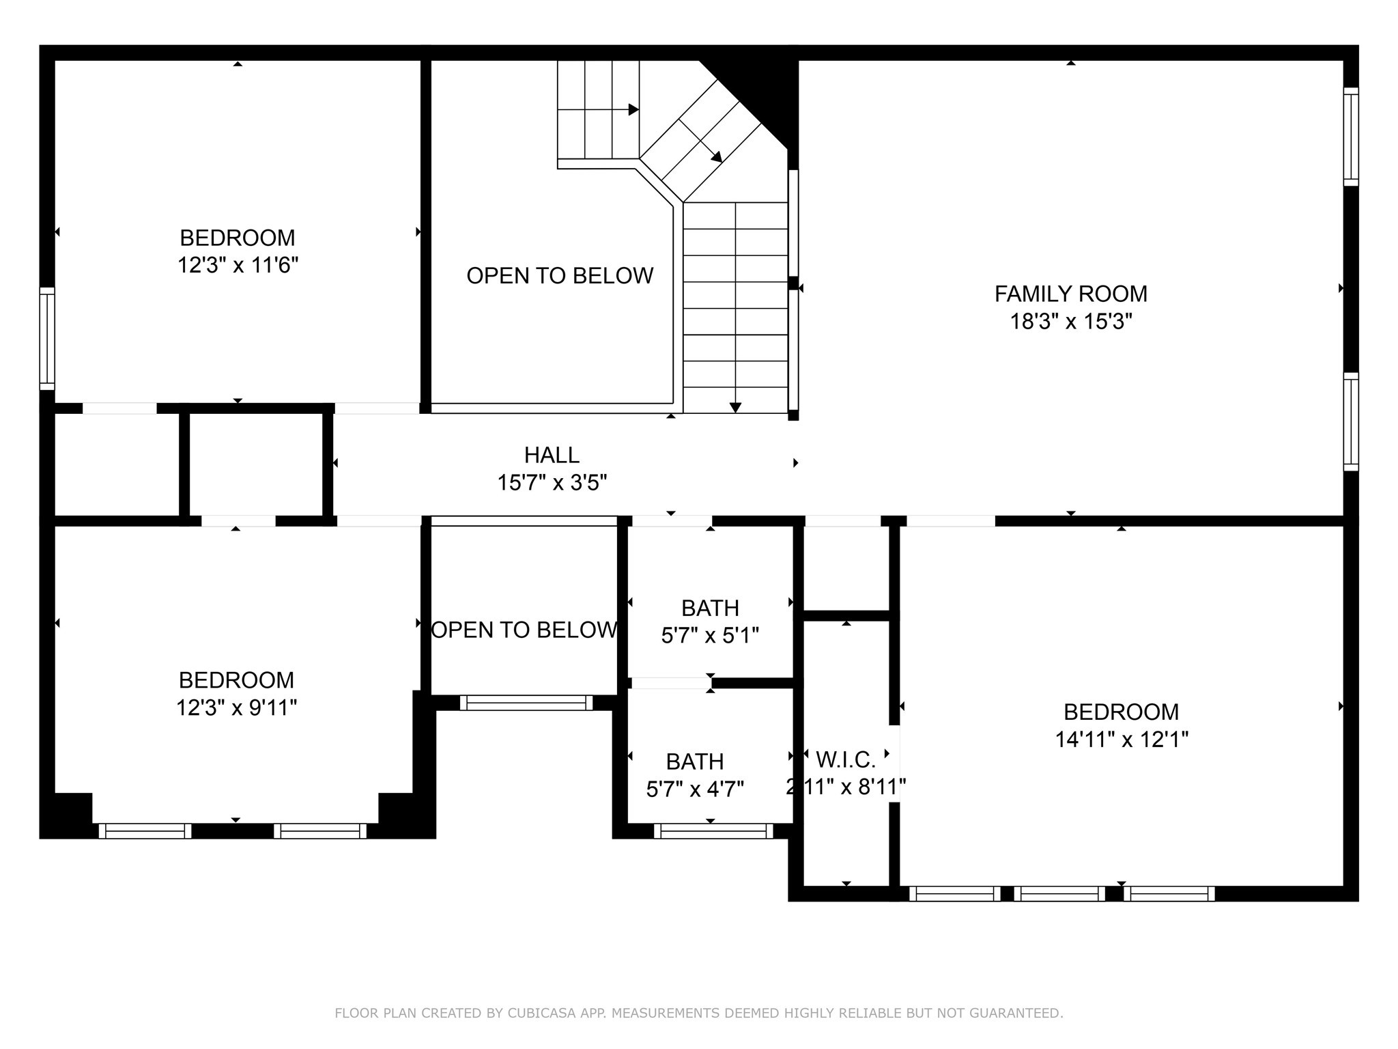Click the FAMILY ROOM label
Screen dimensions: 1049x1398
(x=1070, y=294)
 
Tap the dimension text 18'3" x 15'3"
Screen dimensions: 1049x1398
(x=1070, y=322)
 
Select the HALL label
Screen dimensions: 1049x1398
(x=552, y=455)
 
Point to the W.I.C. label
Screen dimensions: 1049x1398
(x=846, y=759)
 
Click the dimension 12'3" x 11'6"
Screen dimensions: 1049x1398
(x=238, y=265)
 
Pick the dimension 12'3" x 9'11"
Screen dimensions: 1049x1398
(x=236, y=708)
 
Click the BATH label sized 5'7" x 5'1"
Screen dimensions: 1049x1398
(x=710, y=608)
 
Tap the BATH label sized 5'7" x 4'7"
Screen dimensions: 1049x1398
(x=695, y=761)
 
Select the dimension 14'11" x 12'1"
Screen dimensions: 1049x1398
(x=1122, y=740)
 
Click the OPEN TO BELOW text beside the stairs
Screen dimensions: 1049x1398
(x=560, y=275)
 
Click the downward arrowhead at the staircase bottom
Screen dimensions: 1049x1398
(x=735, y=408)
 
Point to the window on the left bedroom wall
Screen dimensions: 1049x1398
(x=47, y=338)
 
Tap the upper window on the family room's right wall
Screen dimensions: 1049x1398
(x=1351, y=137)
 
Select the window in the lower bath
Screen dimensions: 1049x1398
(x=713, y=831)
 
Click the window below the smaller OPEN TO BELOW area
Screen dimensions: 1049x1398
(x=526, y=703)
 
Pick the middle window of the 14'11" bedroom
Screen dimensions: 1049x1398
(x=1059, y=893)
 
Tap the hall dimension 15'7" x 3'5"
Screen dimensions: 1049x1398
(x=552, y=483)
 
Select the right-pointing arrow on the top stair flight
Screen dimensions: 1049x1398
(x=633, y=109)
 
